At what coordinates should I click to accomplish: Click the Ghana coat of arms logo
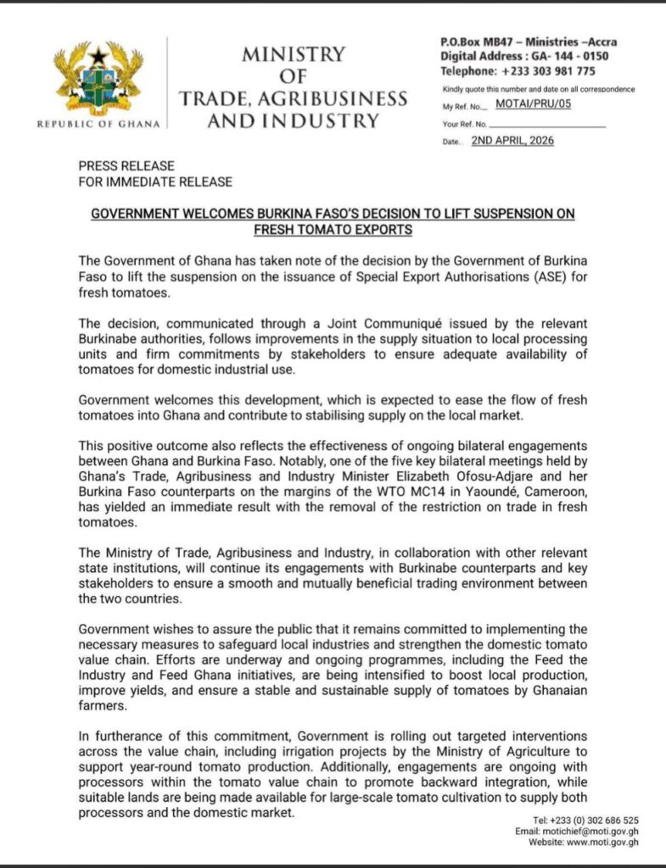[98, 80]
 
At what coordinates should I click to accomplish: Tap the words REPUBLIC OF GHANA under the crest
[98, 125]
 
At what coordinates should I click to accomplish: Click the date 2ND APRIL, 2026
[512, 141]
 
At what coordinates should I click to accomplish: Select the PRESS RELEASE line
[126, 166]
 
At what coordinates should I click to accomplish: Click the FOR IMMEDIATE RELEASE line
[155, 181]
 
